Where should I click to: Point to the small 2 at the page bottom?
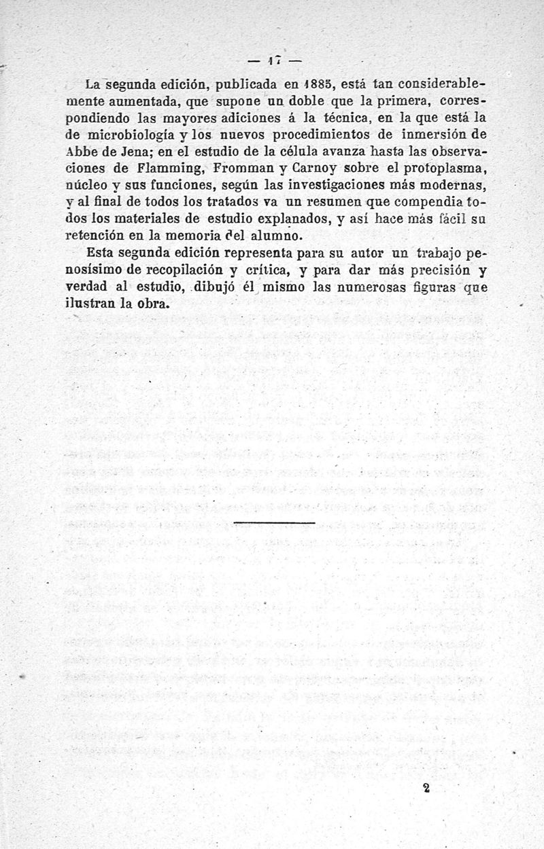[x=426, y=787]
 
